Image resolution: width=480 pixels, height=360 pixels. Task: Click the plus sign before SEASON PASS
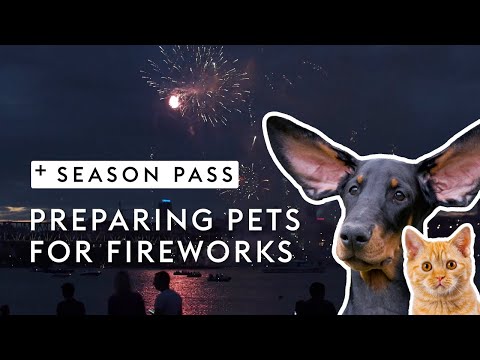click(41, 172)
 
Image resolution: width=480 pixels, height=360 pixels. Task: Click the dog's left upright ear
click(310, 156)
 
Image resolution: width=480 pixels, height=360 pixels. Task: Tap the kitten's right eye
click(449, 267)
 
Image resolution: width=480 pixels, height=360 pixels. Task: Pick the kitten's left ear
click(409, 238)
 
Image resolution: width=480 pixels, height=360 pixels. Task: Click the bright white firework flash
click(176, 101)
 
